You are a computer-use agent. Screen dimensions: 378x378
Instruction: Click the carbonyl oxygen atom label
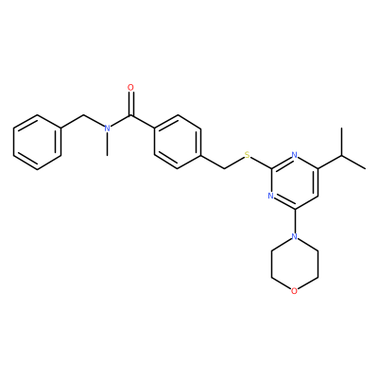click(x=131, y=87)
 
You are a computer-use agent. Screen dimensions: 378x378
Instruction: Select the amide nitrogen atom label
click(x=107, y=129)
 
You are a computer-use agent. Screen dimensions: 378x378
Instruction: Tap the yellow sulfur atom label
click(x=248, y=155)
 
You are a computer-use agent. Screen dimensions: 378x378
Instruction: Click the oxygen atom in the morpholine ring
click(x=294, y=291)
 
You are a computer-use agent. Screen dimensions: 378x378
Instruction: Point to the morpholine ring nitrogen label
click(x=294, y=236)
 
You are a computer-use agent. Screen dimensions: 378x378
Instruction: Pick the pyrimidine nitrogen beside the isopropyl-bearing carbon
click(x=294, y=155)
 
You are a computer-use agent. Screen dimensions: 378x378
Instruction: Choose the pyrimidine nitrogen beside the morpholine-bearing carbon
click(x=270, y=196)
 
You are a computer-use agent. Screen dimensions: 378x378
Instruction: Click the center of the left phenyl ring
click(x=37, y=142)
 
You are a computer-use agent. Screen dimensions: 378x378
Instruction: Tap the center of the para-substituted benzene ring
click(x=178, y=142)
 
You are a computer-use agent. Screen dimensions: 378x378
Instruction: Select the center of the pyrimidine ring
click(x=294, y=182)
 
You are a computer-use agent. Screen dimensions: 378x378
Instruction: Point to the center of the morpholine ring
click(x=294, y=264)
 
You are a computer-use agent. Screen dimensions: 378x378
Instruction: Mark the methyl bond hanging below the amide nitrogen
click(x=107, y=145)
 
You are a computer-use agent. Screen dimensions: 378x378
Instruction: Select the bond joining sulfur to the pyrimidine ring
click(x=261, y=163)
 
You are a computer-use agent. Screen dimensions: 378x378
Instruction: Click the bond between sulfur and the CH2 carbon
click(x=234, y=163)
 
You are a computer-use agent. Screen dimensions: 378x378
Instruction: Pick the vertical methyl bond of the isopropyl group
click(x=342, y=142)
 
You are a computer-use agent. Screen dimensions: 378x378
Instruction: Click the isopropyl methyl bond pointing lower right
click(x=353, y=163)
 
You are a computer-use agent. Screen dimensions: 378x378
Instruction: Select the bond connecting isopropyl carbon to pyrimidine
click(x=330, y=163)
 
